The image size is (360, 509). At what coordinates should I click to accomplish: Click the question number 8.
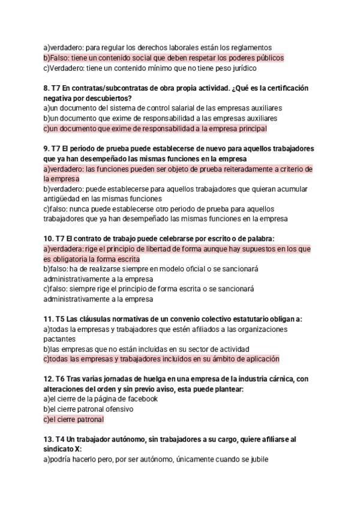click(47, 88)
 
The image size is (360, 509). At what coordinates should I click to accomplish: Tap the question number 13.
click(49, 440)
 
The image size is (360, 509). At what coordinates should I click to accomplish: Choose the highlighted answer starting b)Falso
click(163, 58)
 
